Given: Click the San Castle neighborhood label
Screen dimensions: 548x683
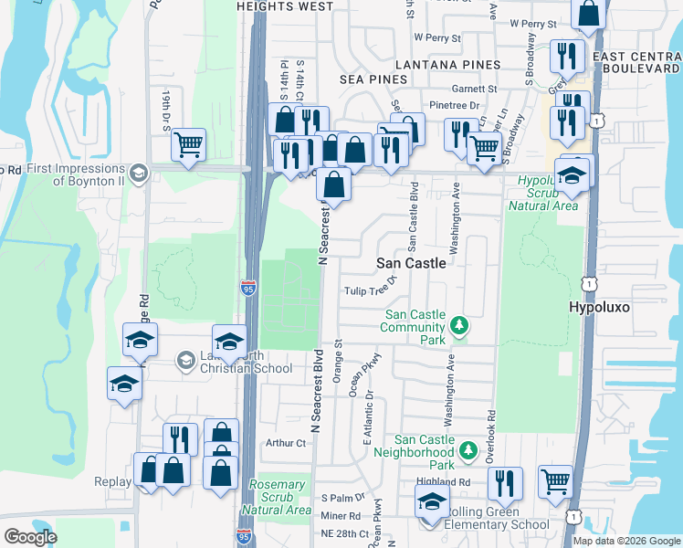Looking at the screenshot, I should click(412, 263).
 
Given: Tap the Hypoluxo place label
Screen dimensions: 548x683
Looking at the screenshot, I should click(600, 308).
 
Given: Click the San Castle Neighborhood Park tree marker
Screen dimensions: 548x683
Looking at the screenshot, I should click(468, 449).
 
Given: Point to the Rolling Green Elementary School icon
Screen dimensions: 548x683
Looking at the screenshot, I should click(432, 502).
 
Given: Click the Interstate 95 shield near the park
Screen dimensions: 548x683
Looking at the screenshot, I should click(249, 289).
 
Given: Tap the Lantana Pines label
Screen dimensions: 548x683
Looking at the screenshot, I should click(447, 65).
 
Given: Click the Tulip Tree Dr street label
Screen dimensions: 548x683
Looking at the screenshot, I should click(369, 290).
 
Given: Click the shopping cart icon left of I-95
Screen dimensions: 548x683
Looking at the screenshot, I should click(188, 144).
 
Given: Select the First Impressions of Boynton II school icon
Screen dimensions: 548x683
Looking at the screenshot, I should click(139, 172).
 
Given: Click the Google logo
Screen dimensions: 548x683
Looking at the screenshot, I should click(30, 537).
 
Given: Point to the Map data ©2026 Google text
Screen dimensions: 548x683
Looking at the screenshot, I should click(626, 541).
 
